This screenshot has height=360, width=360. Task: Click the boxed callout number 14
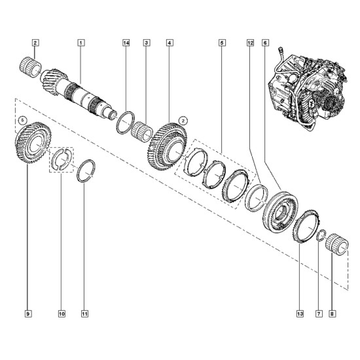pyautogui.click(x=126, y=43)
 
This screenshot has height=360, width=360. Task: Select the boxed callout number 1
pyautogui.click(x=81, y=43)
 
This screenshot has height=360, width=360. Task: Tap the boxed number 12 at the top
pyautogui.click(x=250, y=43)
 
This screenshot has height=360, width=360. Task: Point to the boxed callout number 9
pyautogui.click(x=27, y=314)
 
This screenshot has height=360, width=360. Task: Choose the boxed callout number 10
pyautogui.click(x=62, y=314)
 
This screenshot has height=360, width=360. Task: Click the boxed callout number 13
pyautogui.click(x=300, y=314)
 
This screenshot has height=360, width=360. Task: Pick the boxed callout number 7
pyautogui.click(x=319, y=314)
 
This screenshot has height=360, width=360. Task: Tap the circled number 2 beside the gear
pyautogui.click(x=183, y=120)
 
